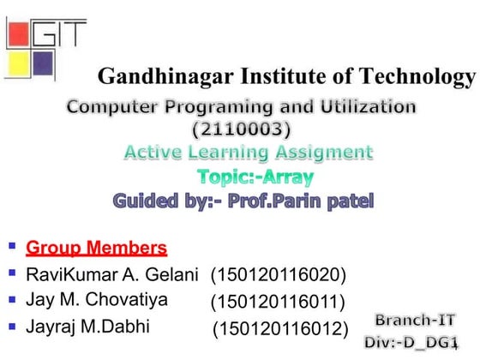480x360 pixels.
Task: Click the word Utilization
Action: click(360, 109)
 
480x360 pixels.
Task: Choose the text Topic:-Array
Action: click(255, 177)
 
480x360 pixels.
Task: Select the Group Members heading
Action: click(96, 249)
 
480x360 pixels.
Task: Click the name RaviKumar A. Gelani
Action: click(112, 275)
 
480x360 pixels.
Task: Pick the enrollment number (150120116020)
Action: click(279, 275)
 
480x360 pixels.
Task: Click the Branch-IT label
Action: click(415, 320)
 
